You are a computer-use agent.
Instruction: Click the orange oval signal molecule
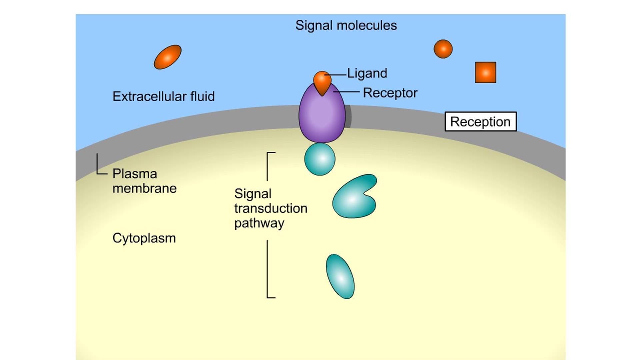[167, 57]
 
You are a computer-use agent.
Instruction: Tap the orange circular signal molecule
[443, 49]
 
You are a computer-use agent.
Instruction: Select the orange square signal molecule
[485, 72]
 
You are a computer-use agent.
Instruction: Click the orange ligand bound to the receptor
[322, 82]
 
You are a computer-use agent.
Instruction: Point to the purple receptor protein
[322, 117]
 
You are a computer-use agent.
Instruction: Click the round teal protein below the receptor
[320, 159]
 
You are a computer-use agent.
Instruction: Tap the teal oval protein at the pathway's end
[340, 276]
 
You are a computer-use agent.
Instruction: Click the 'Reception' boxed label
[480, 122]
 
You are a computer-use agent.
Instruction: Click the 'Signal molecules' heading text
[346, 26]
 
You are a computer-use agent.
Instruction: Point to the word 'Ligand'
[367, 73]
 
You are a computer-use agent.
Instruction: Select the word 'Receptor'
[390, 93]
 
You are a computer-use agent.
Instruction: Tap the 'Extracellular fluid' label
[163, 97]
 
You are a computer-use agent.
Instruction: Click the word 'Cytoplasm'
[144, 238]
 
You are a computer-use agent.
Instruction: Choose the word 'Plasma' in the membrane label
[135, 174]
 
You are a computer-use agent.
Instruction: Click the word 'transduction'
[271, 209]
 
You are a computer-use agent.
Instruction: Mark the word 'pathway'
[259, 223]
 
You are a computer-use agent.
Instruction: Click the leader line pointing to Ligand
[337, 75]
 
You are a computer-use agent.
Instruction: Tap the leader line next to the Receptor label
[347, 91]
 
